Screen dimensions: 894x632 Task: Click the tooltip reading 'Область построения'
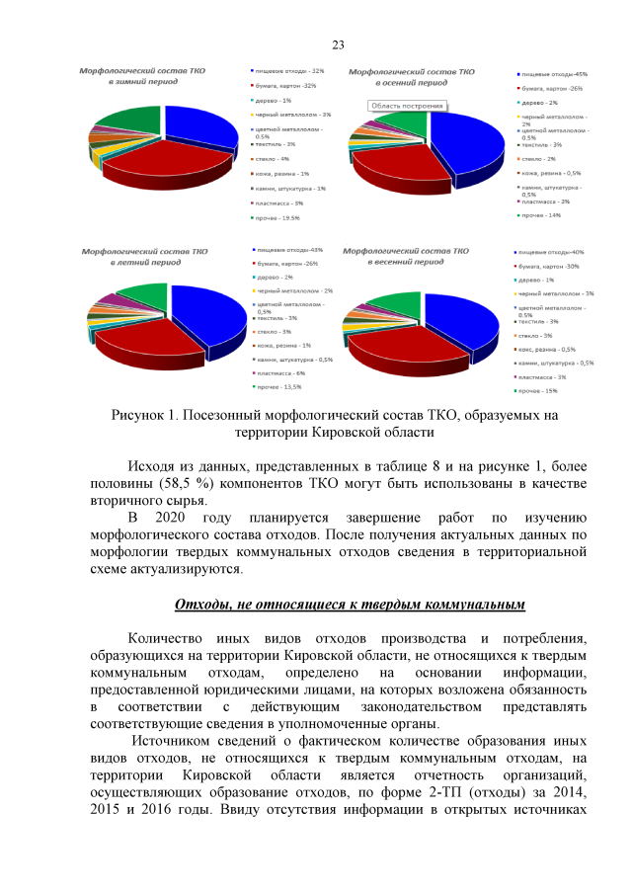click(x=408, y=104)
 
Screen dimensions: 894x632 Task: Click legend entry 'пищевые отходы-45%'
click(x=554, y=74)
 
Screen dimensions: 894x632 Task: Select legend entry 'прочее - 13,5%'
click(x=280, y=388)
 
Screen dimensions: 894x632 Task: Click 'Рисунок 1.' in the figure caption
click(x=147, y=415)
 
